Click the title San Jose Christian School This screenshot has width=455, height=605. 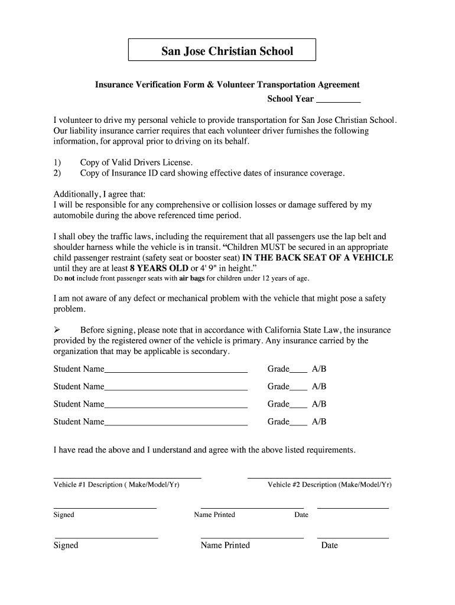[x=227, y=51]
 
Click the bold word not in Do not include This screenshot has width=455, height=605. [x=70, y=278]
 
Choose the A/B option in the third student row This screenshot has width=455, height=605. [x=319, y=405]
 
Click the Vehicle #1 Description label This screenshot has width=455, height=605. [x=116, y=485]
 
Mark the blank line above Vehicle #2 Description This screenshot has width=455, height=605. [x=319, y=477]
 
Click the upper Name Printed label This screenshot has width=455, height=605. [x=214, y=515]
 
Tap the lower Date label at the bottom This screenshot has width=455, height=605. [x=329, y=545]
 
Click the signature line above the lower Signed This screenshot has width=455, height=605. [x=106, y=538]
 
